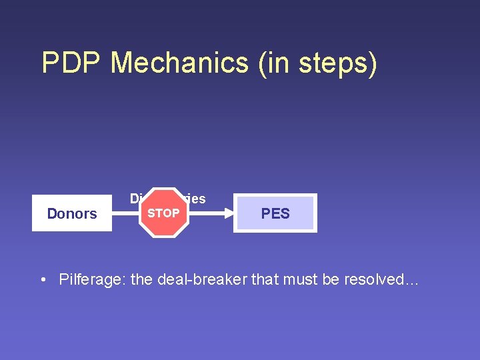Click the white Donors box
(x=72, y=213)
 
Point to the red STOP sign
(x=163, y=213)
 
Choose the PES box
(x=275, y=213)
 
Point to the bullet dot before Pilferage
(x=43, y=279)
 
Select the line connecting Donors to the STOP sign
(x=125, y=213)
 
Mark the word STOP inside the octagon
(x=163, y=213)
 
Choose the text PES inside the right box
(x=275, y=213)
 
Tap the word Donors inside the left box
(x=72, y=213)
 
